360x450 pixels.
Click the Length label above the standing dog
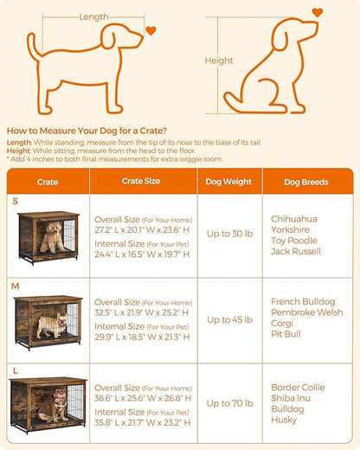tap(93, 16)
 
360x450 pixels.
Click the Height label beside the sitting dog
tap(218, 61)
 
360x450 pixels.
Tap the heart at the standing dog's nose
tap(151, 30)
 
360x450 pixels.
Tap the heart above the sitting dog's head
tap(318, 12)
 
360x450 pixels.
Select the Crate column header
tap(48, 183)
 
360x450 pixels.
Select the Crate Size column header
tap(138, 183)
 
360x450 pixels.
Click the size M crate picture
tap(48, 323)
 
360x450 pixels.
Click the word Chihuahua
tap(293, 219)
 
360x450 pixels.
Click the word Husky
tap(283, 420)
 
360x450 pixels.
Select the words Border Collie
tap(296, 388)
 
